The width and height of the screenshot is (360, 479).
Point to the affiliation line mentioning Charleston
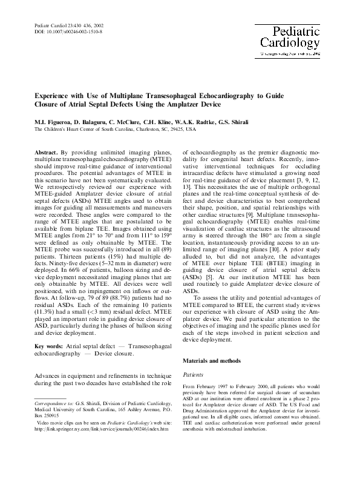click(x=115, y=130)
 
